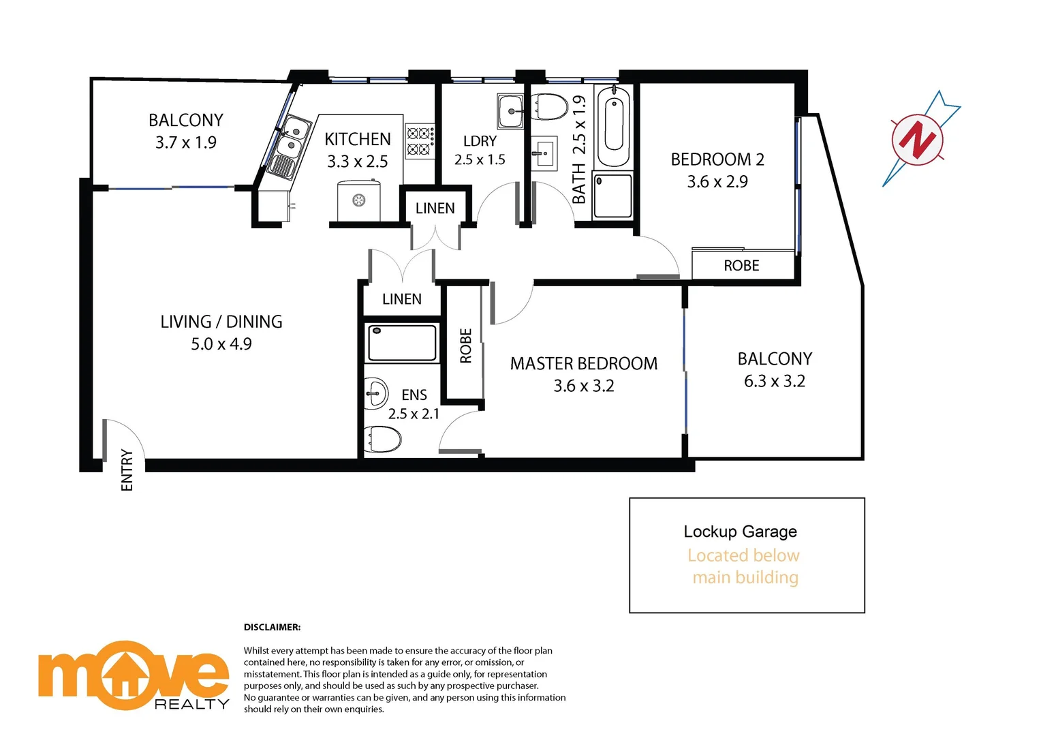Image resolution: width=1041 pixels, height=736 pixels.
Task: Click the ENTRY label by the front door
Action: (x=127, y=470)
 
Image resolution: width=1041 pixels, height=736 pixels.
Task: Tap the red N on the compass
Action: (x=918, y=140)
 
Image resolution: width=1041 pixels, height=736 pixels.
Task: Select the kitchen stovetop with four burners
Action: (x=420, y=141)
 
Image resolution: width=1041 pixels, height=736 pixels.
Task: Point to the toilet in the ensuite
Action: (x=382, y=439)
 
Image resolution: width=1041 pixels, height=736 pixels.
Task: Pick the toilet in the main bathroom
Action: (x=550, y=107)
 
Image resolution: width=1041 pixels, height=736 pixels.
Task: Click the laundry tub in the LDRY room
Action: (x=510, y=111)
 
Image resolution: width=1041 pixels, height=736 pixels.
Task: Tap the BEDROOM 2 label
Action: (x=717, y=159)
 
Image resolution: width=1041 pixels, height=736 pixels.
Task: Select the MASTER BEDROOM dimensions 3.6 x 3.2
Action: (x=584, y=386)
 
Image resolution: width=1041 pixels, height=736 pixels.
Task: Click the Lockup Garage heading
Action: (x=740, y=532)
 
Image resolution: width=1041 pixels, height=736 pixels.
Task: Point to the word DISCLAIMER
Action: (x=272, y=627)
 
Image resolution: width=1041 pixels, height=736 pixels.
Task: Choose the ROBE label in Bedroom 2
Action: (x=741, y=266)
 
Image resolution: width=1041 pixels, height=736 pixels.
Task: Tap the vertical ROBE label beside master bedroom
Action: (x=466, y=346)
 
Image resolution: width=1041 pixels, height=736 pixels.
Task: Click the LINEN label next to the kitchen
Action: (x=435, y=209)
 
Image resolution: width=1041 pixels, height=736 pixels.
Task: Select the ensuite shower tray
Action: (x=402, y=343)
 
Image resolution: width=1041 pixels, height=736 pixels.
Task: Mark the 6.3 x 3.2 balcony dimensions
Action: (x=774, y=381)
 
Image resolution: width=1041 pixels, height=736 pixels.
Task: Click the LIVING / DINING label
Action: (x=221, y=322)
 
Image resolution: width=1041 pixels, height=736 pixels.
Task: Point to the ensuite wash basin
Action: (x=375, y=393)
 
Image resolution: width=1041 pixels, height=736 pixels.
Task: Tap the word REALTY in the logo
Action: (x=191, y=704)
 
